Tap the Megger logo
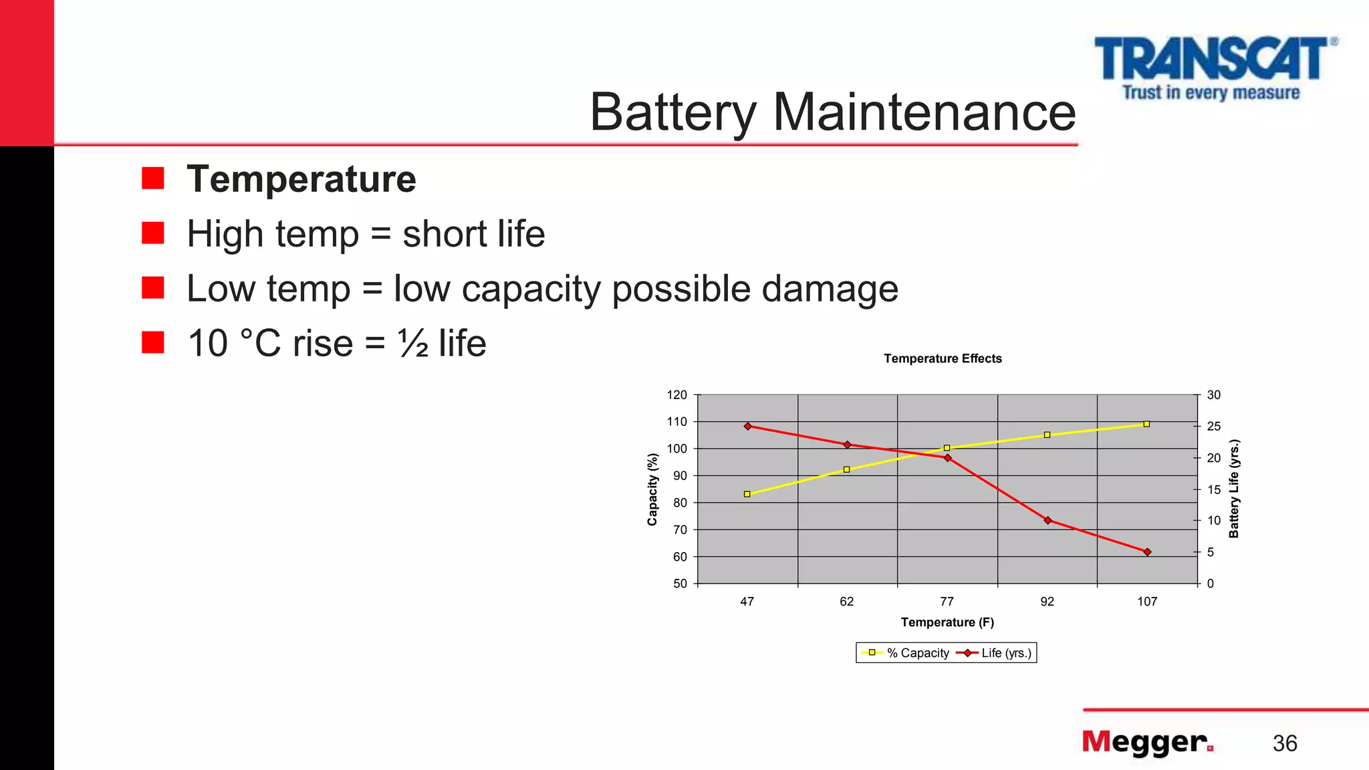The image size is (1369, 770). pyautogui.click(x=1147, y=742)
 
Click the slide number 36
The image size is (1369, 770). pyautogui.click(x=1284, y=743)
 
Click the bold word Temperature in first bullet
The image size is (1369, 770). pyautogui.click(x=301, y=179)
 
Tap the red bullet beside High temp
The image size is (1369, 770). pyautogui.click(x=153, y=233)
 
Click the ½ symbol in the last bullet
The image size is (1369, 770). pyautogui.click(x=413, y=344)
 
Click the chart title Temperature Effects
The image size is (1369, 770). pyautogui.click(x=943, y=358)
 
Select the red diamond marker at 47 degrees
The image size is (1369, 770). pyautogui.click(x=747, y=426)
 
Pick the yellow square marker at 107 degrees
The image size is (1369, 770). pyautogui.click(x=1146, y=424)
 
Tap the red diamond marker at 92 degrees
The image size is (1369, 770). pyautogui.click(x=1047, y=520)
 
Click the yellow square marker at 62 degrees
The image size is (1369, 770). pyautogui.click(x=846, y=469)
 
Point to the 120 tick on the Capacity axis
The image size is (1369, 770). pyautogui.click(x=676, y=395)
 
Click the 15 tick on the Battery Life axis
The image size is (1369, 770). pyautogui.click(x=1213, y=489)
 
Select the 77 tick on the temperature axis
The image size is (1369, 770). pyautogui.click(x=947, y=602)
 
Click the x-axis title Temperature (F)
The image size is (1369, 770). pyautogui.click(x=947, y=622)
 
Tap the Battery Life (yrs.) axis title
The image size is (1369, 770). pyautogui.click(x=1234, y=489)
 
